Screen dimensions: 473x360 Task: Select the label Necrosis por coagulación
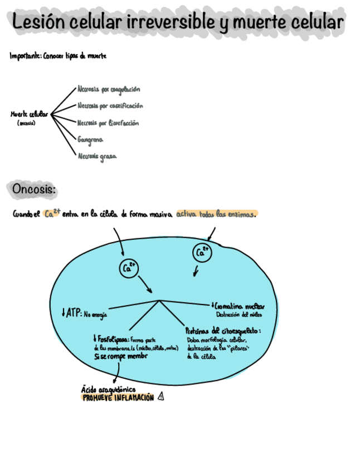point(109,89)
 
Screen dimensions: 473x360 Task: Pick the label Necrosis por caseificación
point(110,105)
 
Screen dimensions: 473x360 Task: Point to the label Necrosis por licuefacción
point(108,123)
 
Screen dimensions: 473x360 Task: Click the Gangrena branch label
point(90,139)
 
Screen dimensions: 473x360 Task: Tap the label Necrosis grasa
point(97,157)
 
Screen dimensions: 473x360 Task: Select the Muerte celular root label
point(29,114)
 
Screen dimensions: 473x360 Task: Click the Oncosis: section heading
point(34,190)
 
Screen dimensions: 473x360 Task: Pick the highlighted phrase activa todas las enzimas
point(217,214)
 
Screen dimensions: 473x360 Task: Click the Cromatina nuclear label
point(239,306)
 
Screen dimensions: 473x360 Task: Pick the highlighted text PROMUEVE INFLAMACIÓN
point(118,398)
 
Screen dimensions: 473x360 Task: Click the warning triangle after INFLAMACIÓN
point(161,397)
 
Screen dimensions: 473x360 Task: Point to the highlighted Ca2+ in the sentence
point(52,214)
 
